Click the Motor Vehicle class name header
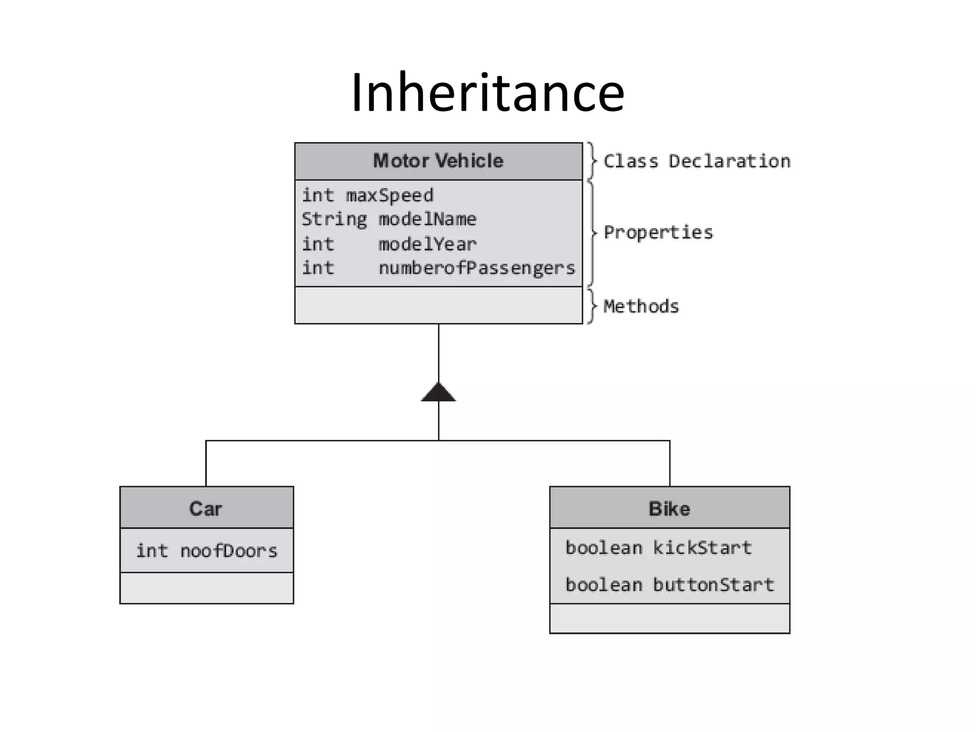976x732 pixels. click(438, 161)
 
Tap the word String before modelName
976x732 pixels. click(334, 219)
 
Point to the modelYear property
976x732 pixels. click(427, 244)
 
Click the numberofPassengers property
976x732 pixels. click(477, 268)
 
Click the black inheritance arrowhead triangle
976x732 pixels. click(438, 393)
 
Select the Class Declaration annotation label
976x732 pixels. click(697, 161)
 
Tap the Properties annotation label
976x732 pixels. click(658, 233)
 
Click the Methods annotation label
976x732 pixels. click(641, 306)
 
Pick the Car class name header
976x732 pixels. click(206, 508)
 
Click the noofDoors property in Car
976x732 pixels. click(228, 551)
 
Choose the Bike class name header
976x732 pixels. click(669, 508)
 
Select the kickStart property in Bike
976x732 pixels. click(702, 548)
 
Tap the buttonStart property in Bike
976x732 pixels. click(713, 585)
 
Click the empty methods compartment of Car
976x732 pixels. click(206, 588)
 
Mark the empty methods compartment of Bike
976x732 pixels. click(669, 619)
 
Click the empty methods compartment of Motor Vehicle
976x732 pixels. click(438, 305)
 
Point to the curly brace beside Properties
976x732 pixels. click(592, 233)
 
